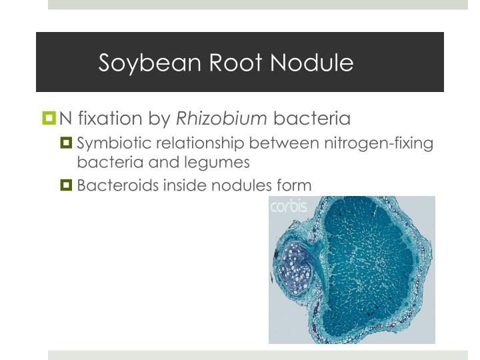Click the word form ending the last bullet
tap(293, 185)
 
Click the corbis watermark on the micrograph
tap(288, 207)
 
